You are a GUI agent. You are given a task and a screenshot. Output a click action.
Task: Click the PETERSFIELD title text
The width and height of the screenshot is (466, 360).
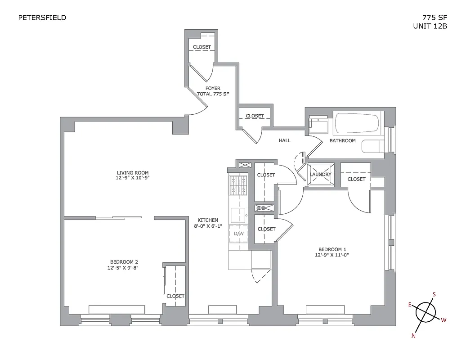pos(42,18)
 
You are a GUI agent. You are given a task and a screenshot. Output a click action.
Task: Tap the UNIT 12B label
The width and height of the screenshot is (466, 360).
pos(430,26)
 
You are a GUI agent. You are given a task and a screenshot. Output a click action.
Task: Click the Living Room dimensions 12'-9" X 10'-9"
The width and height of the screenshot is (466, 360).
pos(133,178)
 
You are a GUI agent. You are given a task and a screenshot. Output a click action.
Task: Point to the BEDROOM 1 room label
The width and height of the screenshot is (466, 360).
pos(332,249)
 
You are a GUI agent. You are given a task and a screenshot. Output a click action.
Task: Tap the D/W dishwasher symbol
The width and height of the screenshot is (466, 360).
pos(238,234)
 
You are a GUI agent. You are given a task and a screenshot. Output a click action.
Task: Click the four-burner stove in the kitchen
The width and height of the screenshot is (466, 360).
pos(238,185)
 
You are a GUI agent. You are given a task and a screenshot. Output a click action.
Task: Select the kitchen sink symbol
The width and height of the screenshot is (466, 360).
pos(238,213)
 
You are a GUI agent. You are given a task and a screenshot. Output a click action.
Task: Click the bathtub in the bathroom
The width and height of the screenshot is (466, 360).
pos(357,123)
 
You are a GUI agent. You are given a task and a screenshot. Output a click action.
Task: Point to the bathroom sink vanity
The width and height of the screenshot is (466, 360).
pos(319,125)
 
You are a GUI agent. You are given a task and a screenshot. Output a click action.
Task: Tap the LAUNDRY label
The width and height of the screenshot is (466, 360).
pos(321,175)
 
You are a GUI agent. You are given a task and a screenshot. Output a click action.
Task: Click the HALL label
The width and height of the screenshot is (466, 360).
pos(284,140)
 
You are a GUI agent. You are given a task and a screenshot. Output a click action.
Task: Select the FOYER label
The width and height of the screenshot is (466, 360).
pos(213,88)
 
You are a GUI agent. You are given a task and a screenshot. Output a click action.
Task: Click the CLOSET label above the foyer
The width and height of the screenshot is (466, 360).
pos(202,47)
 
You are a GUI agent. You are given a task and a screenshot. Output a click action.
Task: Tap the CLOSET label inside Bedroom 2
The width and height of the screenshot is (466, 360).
pos(175,296)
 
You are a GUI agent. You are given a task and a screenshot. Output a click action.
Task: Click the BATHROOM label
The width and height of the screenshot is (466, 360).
pos(342,140)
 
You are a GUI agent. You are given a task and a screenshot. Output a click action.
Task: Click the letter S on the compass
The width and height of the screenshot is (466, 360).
pos(434,295)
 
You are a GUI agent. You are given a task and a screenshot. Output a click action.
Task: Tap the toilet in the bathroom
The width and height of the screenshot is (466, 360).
pos(373,147)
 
